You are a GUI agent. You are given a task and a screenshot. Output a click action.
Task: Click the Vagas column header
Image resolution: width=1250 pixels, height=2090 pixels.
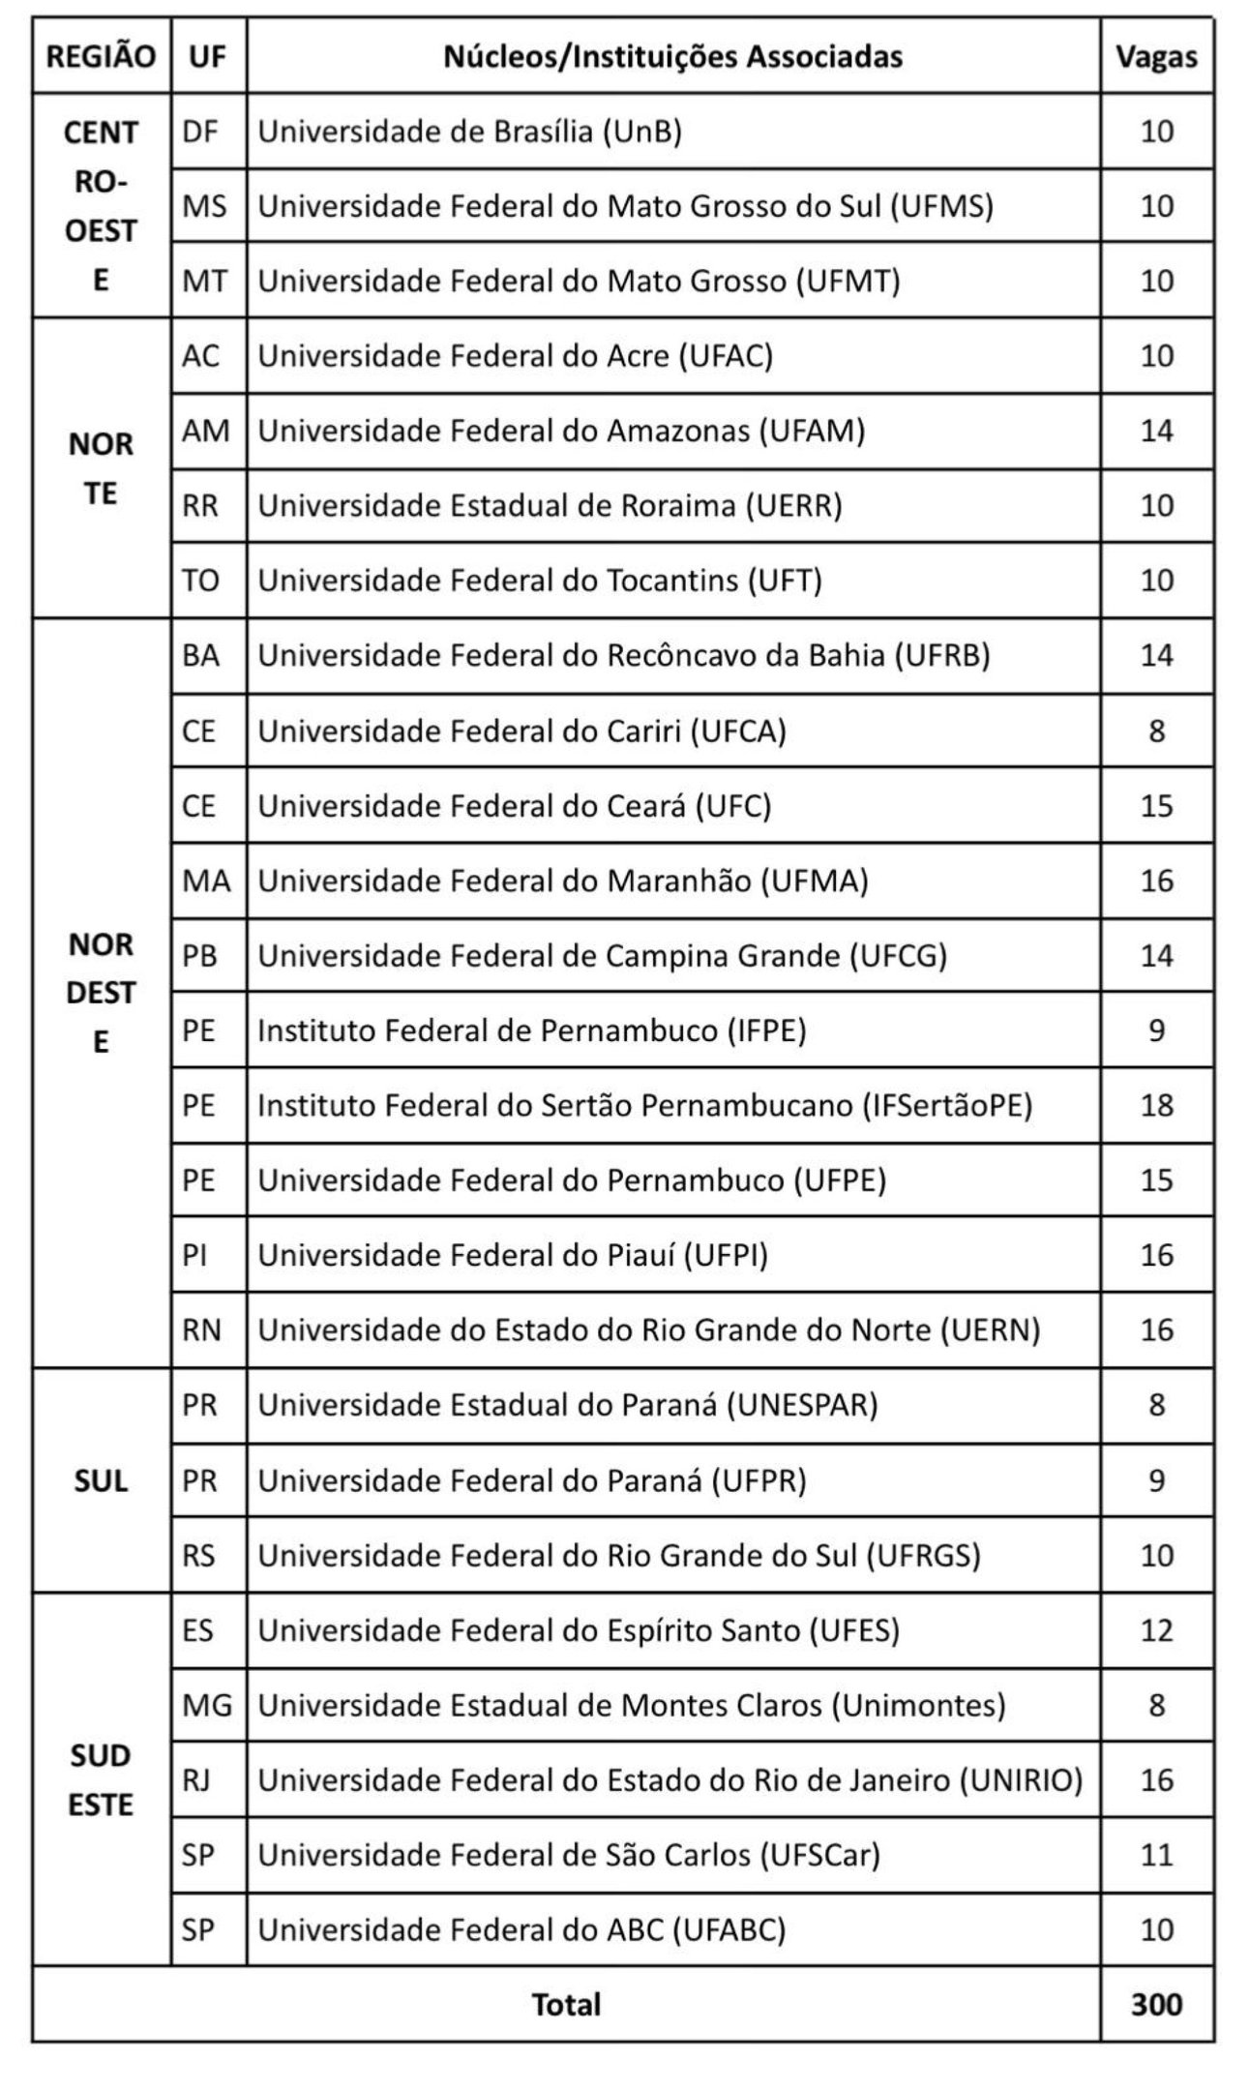point(1156,57)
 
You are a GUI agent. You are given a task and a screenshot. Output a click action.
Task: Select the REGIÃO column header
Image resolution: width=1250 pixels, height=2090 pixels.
point(101,57)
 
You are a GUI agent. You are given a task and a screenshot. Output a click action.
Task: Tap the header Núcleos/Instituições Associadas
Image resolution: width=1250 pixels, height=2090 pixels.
point(672,57)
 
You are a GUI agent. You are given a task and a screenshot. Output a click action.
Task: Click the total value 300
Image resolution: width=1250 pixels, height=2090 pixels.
point(1156,2004)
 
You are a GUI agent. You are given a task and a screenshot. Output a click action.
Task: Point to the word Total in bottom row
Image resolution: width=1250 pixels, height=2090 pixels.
point(566,2004)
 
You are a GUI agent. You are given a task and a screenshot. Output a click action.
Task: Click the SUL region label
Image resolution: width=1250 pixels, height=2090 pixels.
point(101,1480)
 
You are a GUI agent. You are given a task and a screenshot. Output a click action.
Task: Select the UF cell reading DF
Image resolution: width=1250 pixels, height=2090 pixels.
point(200,132)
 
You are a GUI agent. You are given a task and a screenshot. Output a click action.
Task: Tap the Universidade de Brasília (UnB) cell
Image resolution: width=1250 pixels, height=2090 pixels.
point(470,132)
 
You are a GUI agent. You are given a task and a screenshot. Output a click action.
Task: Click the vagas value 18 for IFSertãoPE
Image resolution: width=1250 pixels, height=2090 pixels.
point(1156,1105)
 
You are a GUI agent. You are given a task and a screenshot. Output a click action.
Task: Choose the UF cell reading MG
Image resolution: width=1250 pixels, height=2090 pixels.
point(207,1705)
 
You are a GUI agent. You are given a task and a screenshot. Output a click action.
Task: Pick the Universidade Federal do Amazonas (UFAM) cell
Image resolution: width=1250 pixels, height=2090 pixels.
point(561,431)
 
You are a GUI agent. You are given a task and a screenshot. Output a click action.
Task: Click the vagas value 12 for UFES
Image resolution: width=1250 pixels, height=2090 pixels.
point(1156,1630)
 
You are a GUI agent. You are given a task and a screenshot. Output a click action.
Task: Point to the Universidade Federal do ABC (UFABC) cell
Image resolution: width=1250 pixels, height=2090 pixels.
point(521,1929)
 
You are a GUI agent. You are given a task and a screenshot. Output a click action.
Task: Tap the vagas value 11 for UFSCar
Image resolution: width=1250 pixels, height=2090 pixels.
point(1156,1854)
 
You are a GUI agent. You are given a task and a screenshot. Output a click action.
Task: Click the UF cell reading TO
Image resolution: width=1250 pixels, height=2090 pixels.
point(200,581)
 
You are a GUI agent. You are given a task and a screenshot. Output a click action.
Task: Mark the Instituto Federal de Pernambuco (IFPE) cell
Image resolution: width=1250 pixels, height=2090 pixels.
point(531,1030)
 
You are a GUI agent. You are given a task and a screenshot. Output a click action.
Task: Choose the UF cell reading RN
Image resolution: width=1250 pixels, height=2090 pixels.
point(201,1329)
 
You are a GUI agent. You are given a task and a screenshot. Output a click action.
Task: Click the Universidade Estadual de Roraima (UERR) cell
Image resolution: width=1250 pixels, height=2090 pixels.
point(550,505)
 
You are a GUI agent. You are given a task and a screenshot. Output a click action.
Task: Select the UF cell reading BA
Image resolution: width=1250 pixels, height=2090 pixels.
point(200,655)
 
